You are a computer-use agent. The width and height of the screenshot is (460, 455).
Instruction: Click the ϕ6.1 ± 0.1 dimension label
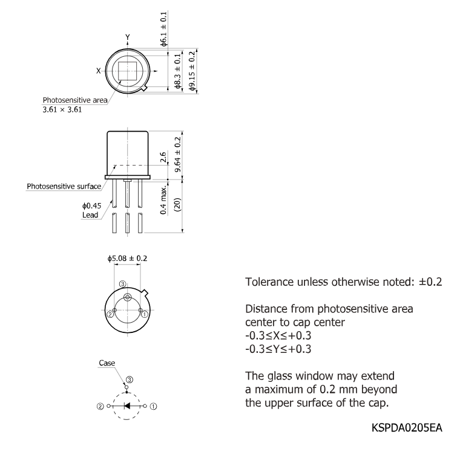pos(163,28)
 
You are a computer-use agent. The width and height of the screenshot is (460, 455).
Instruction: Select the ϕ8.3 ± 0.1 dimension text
pos(177,71)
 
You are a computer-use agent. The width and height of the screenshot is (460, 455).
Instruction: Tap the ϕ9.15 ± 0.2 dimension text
pos(192,71)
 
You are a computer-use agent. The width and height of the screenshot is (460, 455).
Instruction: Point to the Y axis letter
pos(128,37)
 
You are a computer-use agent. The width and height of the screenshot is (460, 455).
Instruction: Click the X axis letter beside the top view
pos(99,71)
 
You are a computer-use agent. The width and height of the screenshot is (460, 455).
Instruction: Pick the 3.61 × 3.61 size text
pos(62,109)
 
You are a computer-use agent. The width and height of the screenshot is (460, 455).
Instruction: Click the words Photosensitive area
pos(75,100)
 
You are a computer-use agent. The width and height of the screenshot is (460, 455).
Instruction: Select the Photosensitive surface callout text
pos(64,186)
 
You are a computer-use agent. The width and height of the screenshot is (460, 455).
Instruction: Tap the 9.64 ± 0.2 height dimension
pos(177,155)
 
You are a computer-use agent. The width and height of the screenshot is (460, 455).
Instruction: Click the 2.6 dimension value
pos(163,157)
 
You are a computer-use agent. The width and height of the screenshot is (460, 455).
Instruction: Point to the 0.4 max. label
pos(163,199)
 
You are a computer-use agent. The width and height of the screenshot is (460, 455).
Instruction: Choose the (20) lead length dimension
pos(177,204)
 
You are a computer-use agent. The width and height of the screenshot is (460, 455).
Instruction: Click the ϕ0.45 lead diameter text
pos(92,206)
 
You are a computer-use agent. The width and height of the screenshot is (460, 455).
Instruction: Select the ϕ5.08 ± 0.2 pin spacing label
pos(127,258)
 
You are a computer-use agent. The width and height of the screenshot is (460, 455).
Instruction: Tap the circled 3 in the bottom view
pos(123,284)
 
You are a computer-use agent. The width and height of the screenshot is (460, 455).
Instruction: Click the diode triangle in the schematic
pos(127,406)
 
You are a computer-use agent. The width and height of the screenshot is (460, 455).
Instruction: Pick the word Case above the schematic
pos(107,363)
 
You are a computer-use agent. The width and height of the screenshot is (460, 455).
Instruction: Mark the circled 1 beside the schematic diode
pos(153,407)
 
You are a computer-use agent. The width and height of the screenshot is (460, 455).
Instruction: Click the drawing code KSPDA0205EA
pos(407,428)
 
